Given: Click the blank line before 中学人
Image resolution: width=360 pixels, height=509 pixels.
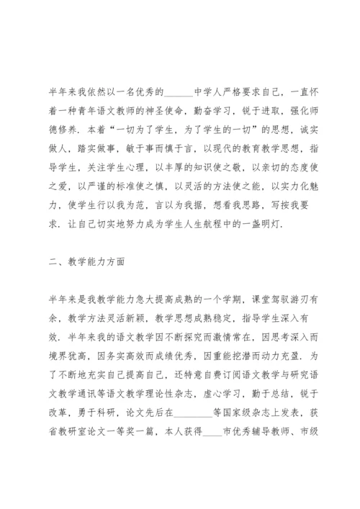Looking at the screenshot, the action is (x=179, y=93).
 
